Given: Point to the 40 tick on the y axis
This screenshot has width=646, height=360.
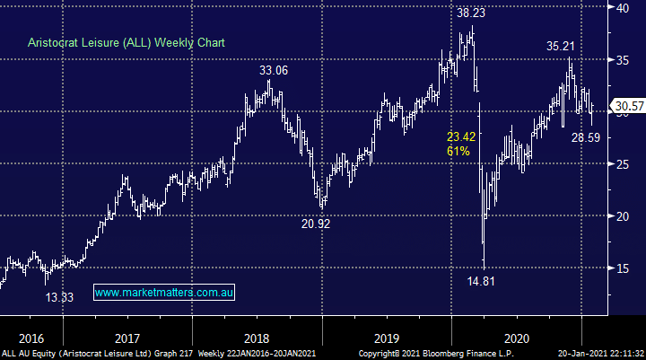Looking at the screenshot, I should pyautogui.click(x=622, y=8).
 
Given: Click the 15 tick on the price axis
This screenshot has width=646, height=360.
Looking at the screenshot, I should pyautogui.click(x=622, y=268).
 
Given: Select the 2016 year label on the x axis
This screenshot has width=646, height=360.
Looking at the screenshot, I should pyautogui.click(x=31, y=338).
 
